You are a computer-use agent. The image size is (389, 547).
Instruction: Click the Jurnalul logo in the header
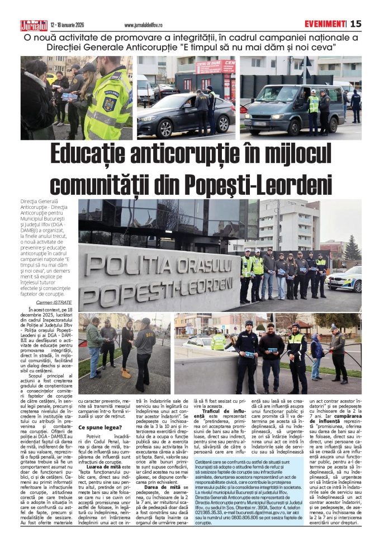[34, 24]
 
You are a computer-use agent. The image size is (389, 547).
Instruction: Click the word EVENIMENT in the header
[324, 24]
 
